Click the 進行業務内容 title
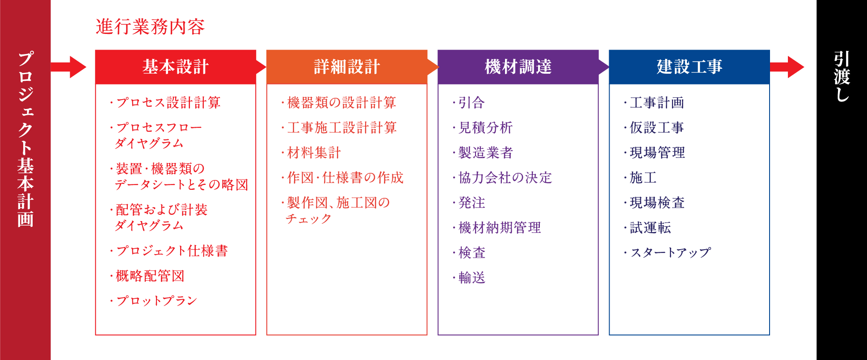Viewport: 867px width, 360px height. (150, 27)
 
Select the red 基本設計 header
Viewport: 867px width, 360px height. (176, 67)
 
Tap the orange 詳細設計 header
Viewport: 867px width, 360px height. (347, 67)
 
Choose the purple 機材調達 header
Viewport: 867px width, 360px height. (518, 67)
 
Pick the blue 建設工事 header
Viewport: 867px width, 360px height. (689, 67)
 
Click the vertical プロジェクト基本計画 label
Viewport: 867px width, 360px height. (25, 139)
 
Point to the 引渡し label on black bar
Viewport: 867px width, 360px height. (842, 76)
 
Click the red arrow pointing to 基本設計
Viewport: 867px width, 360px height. (68, 67)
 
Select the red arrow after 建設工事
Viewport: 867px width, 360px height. (787, 67)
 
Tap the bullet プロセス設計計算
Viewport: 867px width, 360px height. (165, 103)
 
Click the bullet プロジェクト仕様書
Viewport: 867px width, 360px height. (169, 251)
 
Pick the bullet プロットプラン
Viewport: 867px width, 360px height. (153, 301)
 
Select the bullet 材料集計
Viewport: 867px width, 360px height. (311, 153)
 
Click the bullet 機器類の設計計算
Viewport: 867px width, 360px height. (339, 103)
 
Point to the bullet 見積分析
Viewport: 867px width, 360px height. (482, 128)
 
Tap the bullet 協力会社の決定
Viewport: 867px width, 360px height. (502, 178)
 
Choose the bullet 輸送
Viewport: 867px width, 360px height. (469, 278)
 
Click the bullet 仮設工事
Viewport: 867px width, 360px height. (654, 128)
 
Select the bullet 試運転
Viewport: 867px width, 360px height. (647, 228)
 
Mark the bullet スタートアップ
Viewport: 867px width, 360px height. (667, 253)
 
